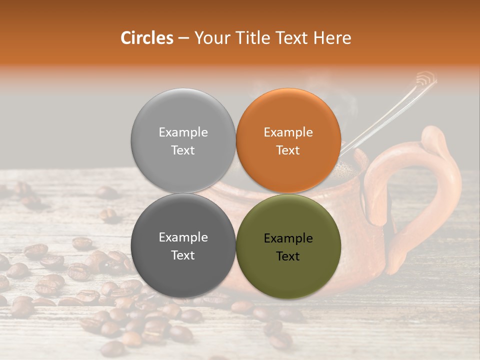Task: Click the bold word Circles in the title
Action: click(146, 38)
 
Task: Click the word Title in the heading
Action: click(250, 38)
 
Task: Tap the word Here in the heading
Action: click(332, 38)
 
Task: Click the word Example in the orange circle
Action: click(288, 132)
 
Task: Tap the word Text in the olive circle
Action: click(288, 256)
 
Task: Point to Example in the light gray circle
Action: click(183, 132)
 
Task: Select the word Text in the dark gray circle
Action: click(183, 255)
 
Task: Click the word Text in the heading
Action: click(292, 38)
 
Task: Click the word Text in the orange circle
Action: click(288, 150)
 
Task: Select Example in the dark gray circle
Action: click(183, 237)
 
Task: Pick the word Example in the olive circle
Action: click(288, 238)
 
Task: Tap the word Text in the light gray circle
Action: click(183, 150)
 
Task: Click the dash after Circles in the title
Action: click(183, 38)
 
